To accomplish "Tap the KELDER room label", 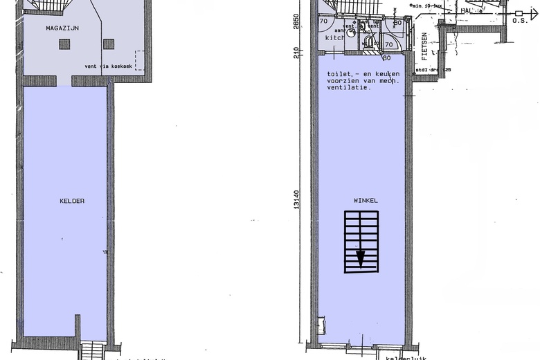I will coord(72,201).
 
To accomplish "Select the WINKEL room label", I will coord(366,200).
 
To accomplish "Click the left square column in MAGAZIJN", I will coord(64,44).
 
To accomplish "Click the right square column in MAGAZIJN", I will coord(109,44).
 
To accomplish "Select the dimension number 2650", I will coord(296,21).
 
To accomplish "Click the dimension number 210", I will coord(296,52).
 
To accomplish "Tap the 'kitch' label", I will coord(335,38).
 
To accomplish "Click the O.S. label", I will coord(520,21).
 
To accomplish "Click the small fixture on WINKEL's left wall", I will coord(321,325).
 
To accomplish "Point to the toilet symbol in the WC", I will coord(370,41).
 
